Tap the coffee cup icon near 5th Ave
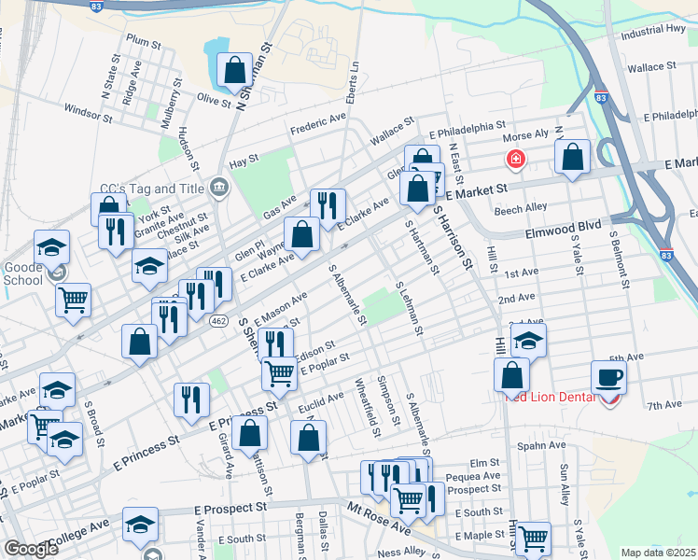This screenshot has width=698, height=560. click(x=608, y=377)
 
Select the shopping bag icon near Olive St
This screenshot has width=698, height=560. click(x=234, y=68)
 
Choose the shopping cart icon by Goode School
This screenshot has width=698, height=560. click(x=73, y=301)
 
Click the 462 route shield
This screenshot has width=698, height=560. click(x=218, y=321)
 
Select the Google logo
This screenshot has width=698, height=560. click(x=30, y=549)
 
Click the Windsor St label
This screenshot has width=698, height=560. click(x=88, y=114)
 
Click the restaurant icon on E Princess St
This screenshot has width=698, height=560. click(x=192, y=399)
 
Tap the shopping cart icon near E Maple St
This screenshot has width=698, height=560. click(x=533, y=538)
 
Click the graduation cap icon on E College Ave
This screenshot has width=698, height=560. click(x=141, y=527)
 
